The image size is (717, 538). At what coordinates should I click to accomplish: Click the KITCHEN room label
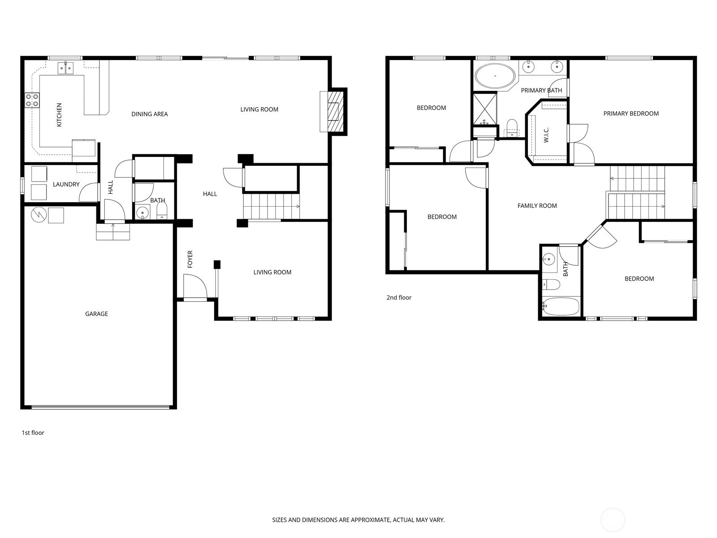point(59,115)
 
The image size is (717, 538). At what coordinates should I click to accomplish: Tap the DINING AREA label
point(150,114)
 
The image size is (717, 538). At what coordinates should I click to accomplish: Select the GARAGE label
point(96,313)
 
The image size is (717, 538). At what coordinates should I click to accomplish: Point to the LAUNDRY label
point(66,184)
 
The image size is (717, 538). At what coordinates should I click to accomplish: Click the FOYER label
point(190,259)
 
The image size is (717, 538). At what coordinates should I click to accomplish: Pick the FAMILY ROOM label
point(537,205)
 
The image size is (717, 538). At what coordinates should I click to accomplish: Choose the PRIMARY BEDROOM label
point(631,113)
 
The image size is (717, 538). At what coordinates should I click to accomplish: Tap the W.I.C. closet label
point(546,135)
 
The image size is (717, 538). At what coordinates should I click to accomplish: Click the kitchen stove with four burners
point(32,100)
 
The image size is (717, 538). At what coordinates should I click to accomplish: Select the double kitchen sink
point(66,68)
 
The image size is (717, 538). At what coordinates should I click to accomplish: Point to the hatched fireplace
point(336,111)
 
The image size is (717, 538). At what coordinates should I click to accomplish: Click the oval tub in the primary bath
point(495,76)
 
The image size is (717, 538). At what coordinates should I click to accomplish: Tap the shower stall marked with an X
point(485,109)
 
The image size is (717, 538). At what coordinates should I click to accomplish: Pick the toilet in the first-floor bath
point(162,211)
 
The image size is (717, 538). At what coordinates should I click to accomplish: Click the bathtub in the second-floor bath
point(561,306)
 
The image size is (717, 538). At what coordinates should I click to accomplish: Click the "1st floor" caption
point(33,433)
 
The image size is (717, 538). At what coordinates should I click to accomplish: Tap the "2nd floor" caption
point(399,297)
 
